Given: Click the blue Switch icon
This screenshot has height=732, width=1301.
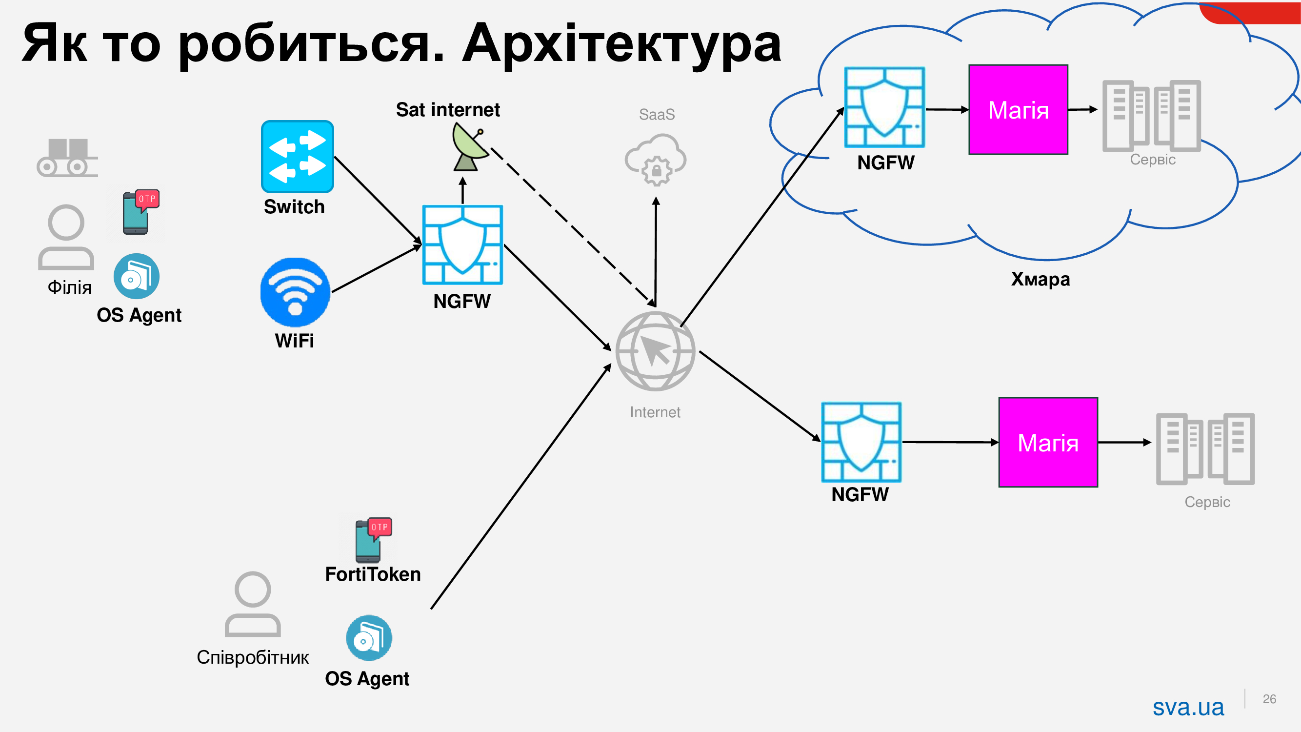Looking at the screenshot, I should coord(297,156).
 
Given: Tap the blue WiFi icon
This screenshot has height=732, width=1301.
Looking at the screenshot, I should coord(295,292).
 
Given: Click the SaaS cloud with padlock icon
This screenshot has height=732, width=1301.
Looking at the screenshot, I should coord(656,159).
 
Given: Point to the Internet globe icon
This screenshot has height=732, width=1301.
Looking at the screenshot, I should coord(655,351).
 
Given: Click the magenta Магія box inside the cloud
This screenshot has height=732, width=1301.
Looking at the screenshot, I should coord(1018,110).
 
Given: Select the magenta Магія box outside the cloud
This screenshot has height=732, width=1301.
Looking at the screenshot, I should coord(1047,442).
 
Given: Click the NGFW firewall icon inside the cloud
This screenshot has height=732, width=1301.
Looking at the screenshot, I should coord(884,107).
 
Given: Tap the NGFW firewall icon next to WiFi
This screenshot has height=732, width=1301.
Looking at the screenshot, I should coord(462,244).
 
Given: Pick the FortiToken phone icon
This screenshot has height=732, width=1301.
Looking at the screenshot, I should coord(373,540).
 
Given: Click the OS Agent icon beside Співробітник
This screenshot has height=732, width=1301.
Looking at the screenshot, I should coord(369,637).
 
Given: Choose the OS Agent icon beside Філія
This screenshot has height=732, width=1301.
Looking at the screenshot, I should coord(137,276).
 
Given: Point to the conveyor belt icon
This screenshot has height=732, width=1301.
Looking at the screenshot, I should coord(67,158).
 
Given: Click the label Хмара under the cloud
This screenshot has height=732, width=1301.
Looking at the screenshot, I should coord(1040,279).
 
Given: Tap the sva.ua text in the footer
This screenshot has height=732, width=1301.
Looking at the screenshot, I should coord(1188,707).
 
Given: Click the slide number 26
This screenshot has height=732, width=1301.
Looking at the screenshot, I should coord(1269,699).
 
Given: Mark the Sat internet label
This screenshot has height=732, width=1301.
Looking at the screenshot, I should coord(447,110).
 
